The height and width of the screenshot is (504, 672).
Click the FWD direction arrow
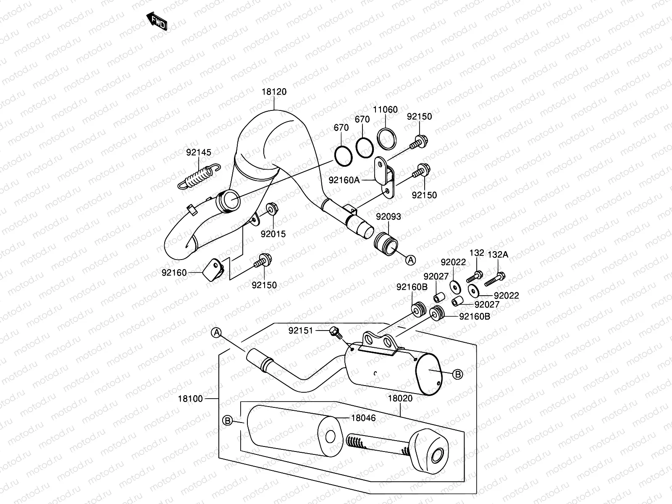tap(157, 21)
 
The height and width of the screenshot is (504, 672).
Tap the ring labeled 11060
tap(386, 138)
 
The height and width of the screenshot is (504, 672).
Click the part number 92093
tap(388, 217)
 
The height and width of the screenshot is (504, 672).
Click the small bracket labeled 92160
tap(213, 271)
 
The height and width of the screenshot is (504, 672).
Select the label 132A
tap(498, 255)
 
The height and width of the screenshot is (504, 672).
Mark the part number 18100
tap(190, 398)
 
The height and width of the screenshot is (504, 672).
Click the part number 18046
tap(364, 418)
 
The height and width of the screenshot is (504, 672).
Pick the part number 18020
tap(400, 398)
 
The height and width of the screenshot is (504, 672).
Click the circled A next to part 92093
tap(410, 260)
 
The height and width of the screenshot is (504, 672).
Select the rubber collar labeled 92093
tap(385, 245)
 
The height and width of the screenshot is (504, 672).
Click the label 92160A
tap(344, 180)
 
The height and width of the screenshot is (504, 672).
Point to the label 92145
tap(199, 152)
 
